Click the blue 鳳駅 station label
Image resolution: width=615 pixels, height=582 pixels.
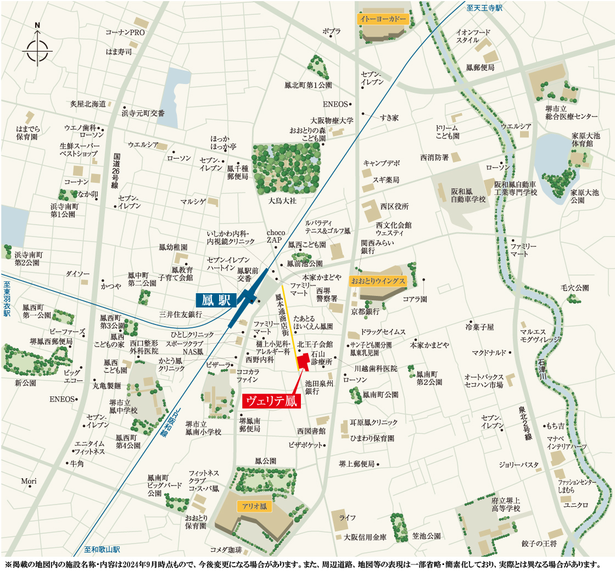[x=216, y=300]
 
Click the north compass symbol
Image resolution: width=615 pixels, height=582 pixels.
[x=37, y=48]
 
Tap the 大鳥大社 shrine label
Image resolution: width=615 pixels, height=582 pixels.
[x=282, y=201]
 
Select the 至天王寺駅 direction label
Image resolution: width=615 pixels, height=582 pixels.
[x=485, y=8]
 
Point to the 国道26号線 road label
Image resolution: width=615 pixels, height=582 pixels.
[x=115, y=171]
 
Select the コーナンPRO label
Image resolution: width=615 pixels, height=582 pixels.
[x=125, y=33]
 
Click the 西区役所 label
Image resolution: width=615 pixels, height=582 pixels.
[x=395, y=206]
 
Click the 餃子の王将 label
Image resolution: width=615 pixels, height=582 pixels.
[x=539, y=544]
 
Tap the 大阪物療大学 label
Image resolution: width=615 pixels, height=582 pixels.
[x=332, y=120]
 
